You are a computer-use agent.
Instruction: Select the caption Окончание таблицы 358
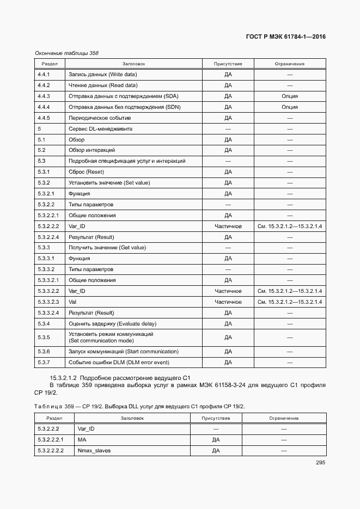tap(66, 53)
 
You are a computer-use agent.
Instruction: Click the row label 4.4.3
tap(44, 96)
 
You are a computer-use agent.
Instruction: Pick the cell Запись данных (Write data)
tap(102, 75)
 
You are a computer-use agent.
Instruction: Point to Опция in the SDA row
tap(289, 96)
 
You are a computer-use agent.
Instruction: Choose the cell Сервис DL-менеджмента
tap(100, 129)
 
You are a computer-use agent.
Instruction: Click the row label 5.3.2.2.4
tap(48, 237)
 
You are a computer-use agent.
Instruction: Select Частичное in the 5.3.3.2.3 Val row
tap(228, 302)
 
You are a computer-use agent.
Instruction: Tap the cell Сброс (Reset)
tap(86, 172)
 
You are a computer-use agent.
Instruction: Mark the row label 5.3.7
tap(44, 362)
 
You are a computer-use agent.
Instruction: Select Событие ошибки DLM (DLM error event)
tap(119, 362)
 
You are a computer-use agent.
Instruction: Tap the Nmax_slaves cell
tap(94, 451)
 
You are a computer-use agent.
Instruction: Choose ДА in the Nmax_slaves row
tap(216, 451)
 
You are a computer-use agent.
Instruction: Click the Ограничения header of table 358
tap(289, 64)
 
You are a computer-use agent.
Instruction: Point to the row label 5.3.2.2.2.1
tap(50, 440)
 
